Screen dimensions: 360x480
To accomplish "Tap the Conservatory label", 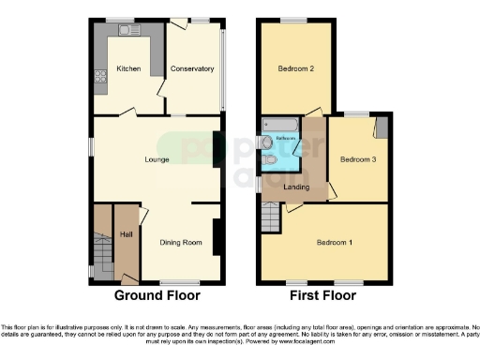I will pos(192,69).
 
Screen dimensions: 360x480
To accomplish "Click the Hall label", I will pos(126,233).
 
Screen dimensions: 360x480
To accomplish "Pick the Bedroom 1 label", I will pos(335,243).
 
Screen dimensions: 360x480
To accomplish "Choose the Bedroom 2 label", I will pos(295,69).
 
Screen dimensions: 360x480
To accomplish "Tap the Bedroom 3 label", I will pos(357,159).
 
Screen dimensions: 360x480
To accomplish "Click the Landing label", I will pos(297,185).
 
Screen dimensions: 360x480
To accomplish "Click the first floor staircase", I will pos(271,219).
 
